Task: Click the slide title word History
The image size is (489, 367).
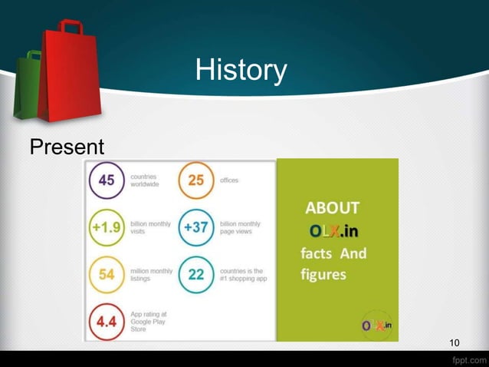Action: point(241,71)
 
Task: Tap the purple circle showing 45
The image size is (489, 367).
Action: point(107,181)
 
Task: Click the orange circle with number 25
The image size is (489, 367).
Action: point(196,181)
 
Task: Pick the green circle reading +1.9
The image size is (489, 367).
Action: point(107,228)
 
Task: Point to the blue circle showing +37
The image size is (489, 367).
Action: point(196,228)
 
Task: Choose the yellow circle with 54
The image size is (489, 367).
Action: point(107,275)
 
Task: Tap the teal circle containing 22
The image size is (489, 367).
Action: point(196,275)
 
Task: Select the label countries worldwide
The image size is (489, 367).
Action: point(145,180)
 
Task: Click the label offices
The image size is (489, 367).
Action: point(228,180)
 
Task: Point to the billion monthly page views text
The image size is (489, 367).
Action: point(239,227)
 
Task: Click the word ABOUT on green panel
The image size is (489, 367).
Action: point(332,208)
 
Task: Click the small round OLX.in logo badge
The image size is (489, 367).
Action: point(376,325)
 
